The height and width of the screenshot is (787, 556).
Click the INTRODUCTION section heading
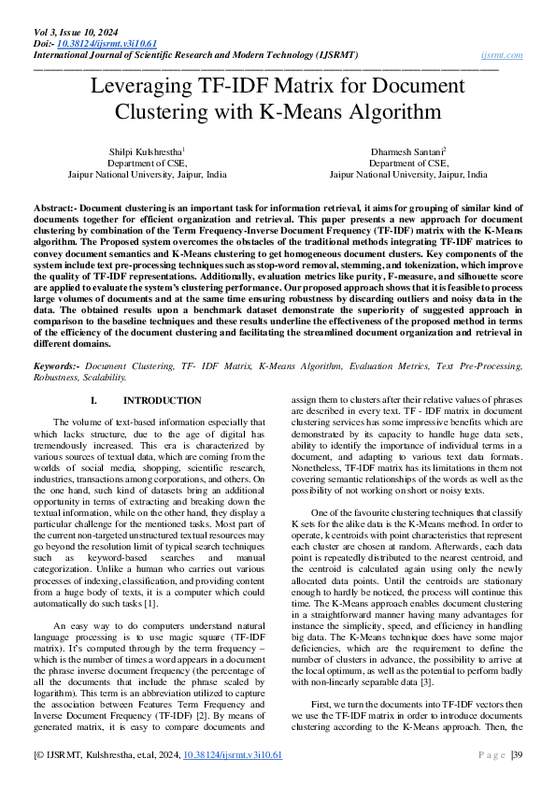[x=162, y=400]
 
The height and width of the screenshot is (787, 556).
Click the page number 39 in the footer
[x=517, y=754]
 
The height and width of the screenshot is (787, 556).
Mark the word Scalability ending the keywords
[x=102, y=378]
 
